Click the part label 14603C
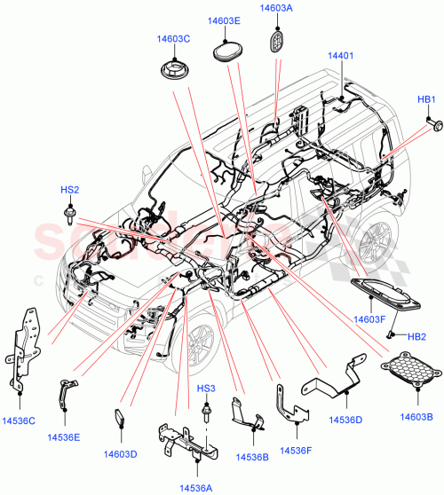(x=174, y=39)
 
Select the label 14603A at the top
(x=276, y=8)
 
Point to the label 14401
(x=341, y=56)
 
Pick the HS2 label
(x=69, y=190)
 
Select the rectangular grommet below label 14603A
(x=276, y=43)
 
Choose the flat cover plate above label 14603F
(x=385, y=292)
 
